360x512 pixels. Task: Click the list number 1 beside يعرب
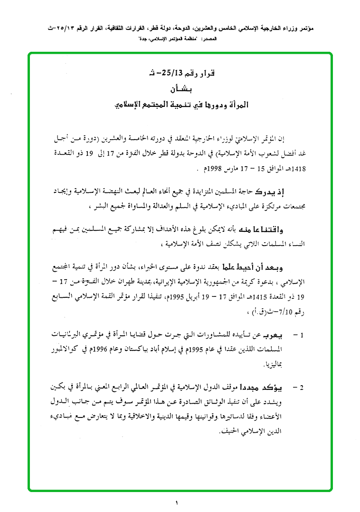(300, 335)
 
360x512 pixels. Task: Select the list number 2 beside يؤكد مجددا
(300, 388)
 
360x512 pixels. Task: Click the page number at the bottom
(177, 502)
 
